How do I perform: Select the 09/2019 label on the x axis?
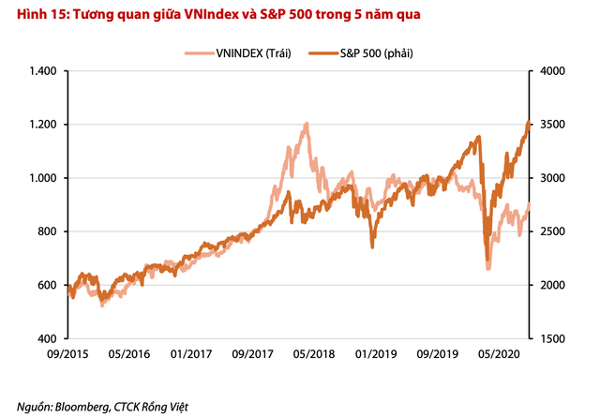pos(436,356)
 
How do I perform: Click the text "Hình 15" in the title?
pos(27,14)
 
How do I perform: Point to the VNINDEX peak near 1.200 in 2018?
pos(307,123)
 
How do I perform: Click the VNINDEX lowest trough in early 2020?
pos(487,269)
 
